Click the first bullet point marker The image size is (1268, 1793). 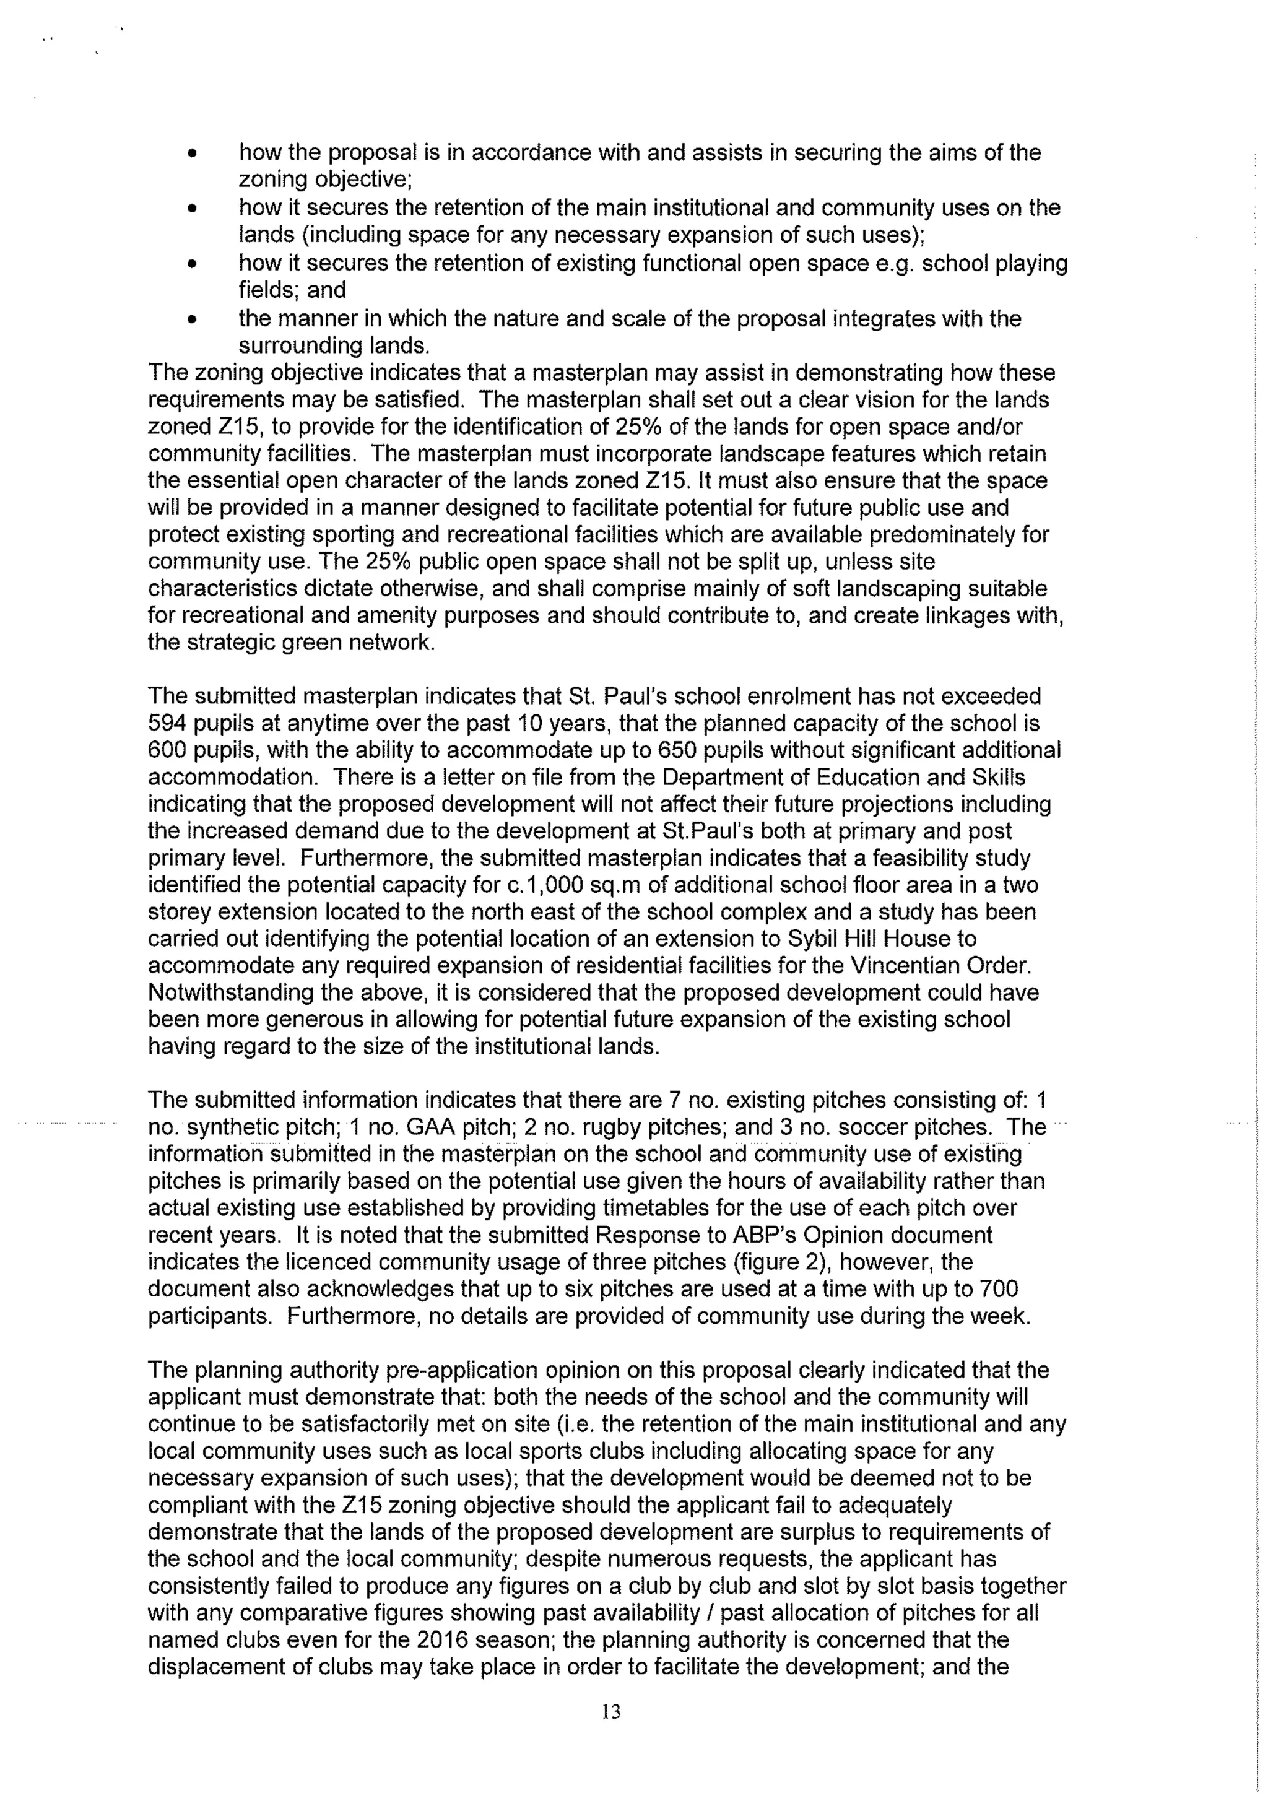coord(191,153)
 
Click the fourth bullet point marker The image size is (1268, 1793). coord(191,319)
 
